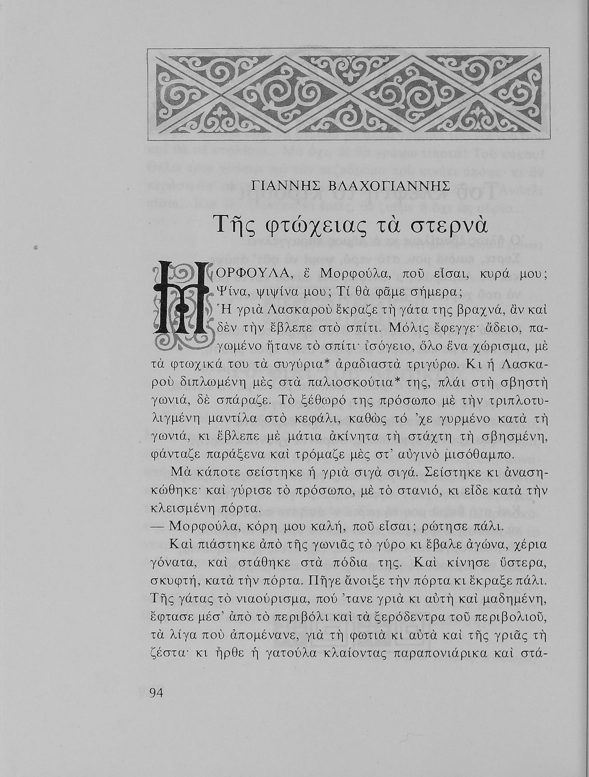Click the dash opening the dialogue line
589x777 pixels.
(x=158, y=528)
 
